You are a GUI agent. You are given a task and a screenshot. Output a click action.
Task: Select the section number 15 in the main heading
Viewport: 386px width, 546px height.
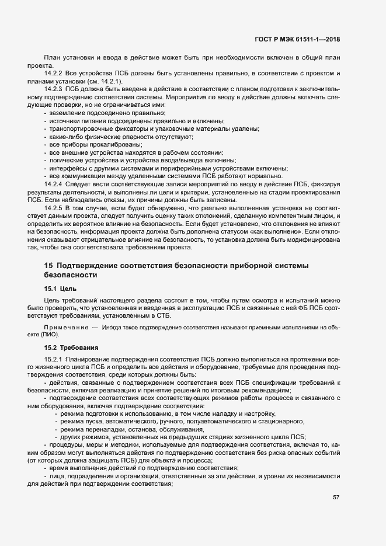pyautogui.click(x=48, y=266)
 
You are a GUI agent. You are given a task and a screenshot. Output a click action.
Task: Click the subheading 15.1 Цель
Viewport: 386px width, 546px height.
pyautogui.click(x=61, y=288)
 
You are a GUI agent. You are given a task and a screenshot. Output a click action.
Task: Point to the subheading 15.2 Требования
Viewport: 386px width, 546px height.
pyautogui.click(x=73, y=347)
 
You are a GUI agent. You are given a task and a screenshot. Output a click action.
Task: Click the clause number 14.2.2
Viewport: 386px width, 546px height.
pyautogui.click(x=53, y=72)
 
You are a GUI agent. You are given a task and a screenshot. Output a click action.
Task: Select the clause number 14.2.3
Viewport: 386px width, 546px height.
pyautogui.click(x=53, y=88)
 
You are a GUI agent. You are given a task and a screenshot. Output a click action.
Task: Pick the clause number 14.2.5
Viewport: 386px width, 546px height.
pyautogui.click(x=53, y=207)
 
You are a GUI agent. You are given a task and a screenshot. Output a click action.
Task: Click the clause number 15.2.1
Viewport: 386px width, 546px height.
pyautogui.click(x=53, y=358)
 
